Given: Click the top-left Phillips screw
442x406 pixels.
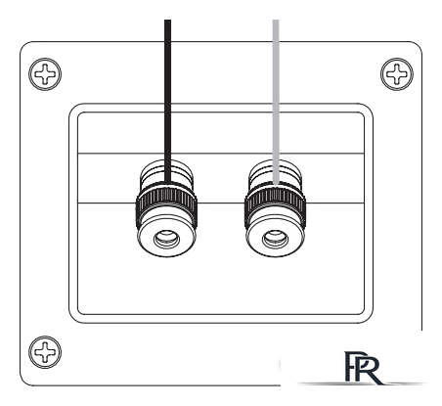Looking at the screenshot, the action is pos(45,74).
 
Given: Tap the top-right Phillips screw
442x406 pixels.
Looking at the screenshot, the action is pos(397,74).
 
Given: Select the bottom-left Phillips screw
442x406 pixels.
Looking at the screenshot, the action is pos(45,352).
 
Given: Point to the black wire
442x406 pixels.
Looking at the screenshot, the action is pos(167,101).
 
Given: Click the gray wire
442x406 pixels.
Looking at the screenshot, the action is pos(276,102).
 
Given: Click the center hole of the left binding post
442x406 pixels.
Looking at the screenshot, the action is pos(166,239).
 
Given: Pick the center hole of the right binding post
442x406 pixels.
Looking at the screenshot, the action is pos(275,239).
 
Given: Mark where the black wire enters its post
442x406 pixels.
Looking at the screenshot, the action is pos(167,183).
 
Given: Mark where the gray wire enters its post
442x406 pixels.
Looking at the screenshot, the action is pos(276,185).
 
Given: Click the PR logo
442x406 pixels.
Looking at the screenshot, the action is pos(364,367).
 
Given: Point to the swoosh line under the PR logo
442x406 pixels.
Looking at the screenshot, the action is pos(360,383).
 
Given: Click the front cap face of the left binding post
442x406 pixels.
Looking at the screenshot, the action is pos(166,237).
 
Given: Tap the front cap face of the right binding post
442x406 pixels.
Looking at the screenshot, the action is pos(275,237).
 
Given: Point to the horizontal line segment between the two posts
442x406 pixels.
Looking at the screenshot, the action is pos(221,203).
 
